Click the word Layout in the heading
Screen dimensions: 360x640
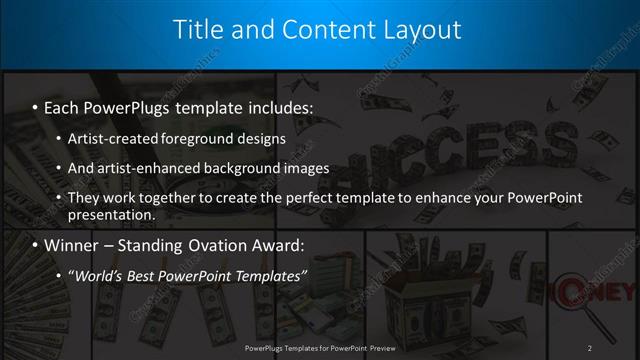click(416, 30)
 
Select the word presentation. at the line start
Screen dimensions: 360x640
click(111, 214)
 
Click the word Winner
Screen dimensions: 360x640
click(72, 245)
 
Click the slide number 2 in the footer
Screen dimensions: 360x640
click(590, 347)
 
